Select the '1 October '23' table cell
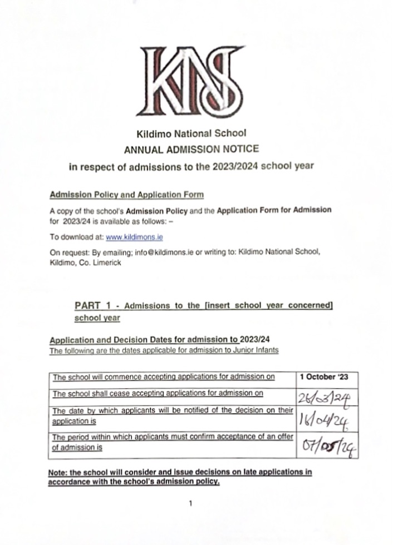point(324,377)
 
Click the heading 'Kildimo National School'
point(191,134)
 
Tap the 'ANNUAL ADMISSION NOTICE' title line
point(191,149)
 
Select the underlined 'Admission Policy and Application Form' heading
point(126,195)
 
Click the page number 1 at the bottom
point(190,504)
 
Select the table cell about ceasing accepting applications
point(158,394)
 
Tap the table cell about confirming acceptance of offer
point(173,442)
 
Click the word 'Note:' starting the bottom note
point(60,472)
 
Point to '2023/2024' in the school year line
point(247,166)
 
